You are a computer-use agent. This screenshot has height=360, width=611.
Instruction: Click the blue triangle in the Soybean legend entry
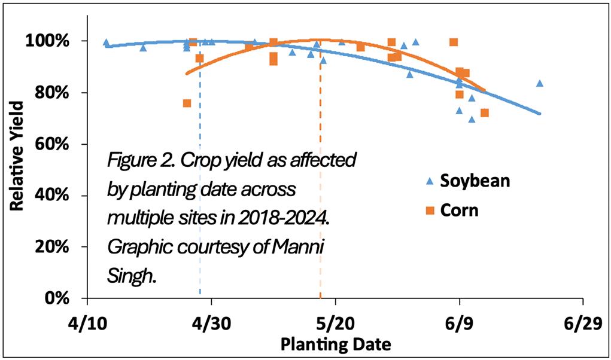(x=428, y=181)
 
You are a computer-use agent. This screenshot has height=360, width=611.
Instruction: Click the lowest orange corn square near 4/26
(x=187, y=103)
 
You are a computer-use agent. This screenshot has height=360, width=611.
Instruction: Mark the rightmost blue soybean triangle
(x=539, y=83)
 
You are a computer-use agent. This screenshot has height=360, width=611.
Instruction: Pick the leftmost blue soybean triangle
(x=106, y=42)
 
